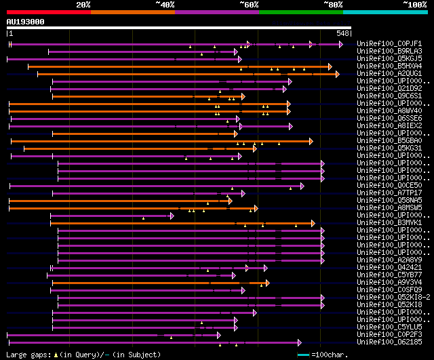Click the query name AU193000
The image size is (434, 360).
pyautogui.click(x=26, y=22)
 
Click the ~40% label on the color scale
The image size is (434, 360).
pyautogui.click(x=165, y=4)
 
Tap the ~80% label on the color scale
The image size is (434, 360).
pyautogui.click(x=333, y=4)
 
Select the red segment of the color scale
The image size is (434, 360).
pyautogui.click(x=48, y=12)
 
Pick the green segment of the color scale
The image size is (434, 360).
pyautogui.click(x=300, y=12)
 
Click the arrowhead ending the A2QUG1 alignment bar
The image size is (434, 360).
pyautogui.click(x=336, y=73)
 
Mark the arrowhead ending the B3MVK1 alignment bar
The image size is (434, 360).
pyautogui.click(x=313, y=223)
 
